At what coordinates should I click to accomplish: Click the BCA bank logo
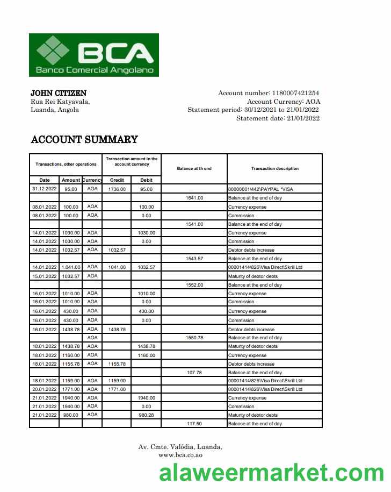click(x=94, y=55)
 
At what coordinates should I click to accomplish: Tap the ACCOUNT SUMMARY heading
click(x=84, y=140)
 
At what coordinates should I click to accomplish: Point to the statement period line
click(x=254, y=110)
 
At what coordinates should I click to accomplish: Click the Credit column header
click(x=117, y=180)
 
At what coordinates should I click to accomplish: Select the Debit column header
click(x=146, y=180)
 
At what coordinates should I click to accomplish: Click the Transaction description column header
click(x=274, y=168)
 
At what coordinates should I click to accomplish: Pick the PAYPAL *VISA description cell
click(x=261, y=189)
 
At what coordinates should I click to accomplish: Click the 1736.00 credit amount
click(x=117, y=189)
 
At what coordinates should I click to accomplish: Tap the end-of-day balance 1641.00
click(x=194, y=198)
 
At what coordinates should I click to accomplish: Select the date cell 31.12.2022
click(x=45, y=189)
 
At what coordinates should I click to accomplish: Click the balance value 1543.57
click(x=194, y=259)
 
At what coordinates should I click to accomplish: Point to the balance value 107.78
click(x=194, y=373)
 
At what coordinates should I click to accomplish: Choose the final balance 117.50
click(x=194, y=424)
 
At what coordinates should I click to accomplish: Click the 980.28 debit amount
click(x=146, y=415)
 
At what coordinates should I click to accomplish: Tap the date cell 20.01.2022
click(x=45, y=389)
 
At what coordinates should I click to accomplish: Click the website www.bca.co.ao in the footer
click(x=180, y=455)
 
